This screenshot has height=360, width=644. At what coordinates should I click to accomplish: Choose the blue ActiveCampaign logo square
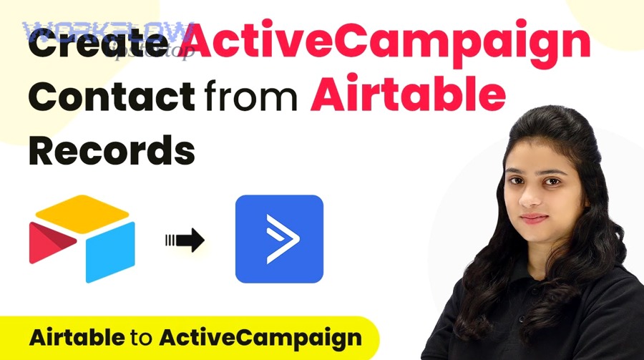coord(279,238)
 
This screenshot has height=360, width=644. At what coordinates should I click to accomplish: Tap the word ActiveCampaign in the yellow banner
coord(260,337)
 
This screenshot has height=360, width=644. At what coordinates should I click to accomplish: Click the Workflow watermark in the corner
coord(107,32)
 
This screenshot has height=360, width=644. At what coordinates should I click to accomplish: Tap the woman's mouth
coord(532,218)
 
